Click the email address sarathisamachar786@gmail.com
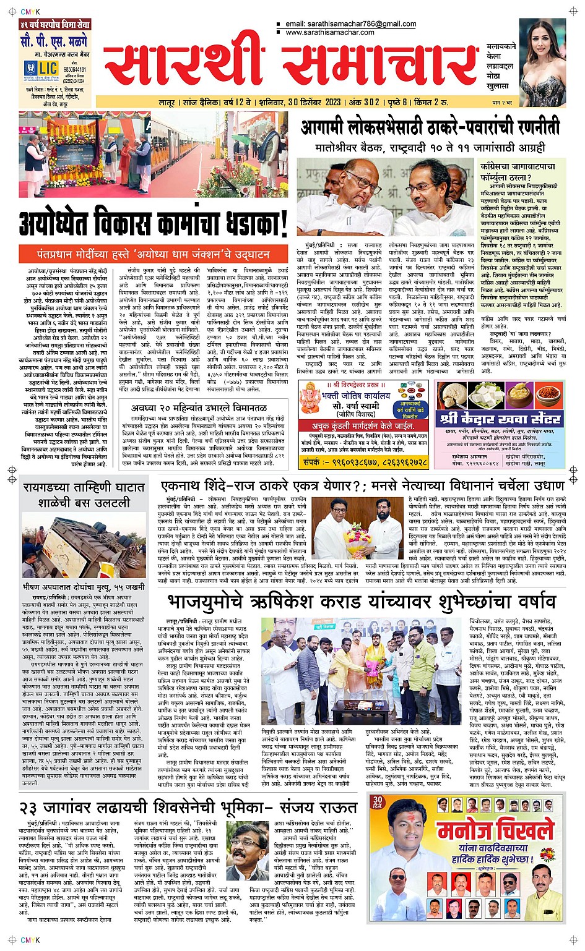click(x=351, y=24)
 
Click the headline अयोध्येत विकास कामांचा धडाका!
click(x=154, y=223)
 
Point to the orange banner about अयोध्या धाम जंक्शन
click(x=152, y=254)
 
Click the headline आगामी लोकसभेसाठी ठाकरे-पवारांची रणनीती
click(x=430, y=128)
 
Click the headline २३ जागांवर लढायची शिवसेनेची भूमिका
click(x=188, y=808)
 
